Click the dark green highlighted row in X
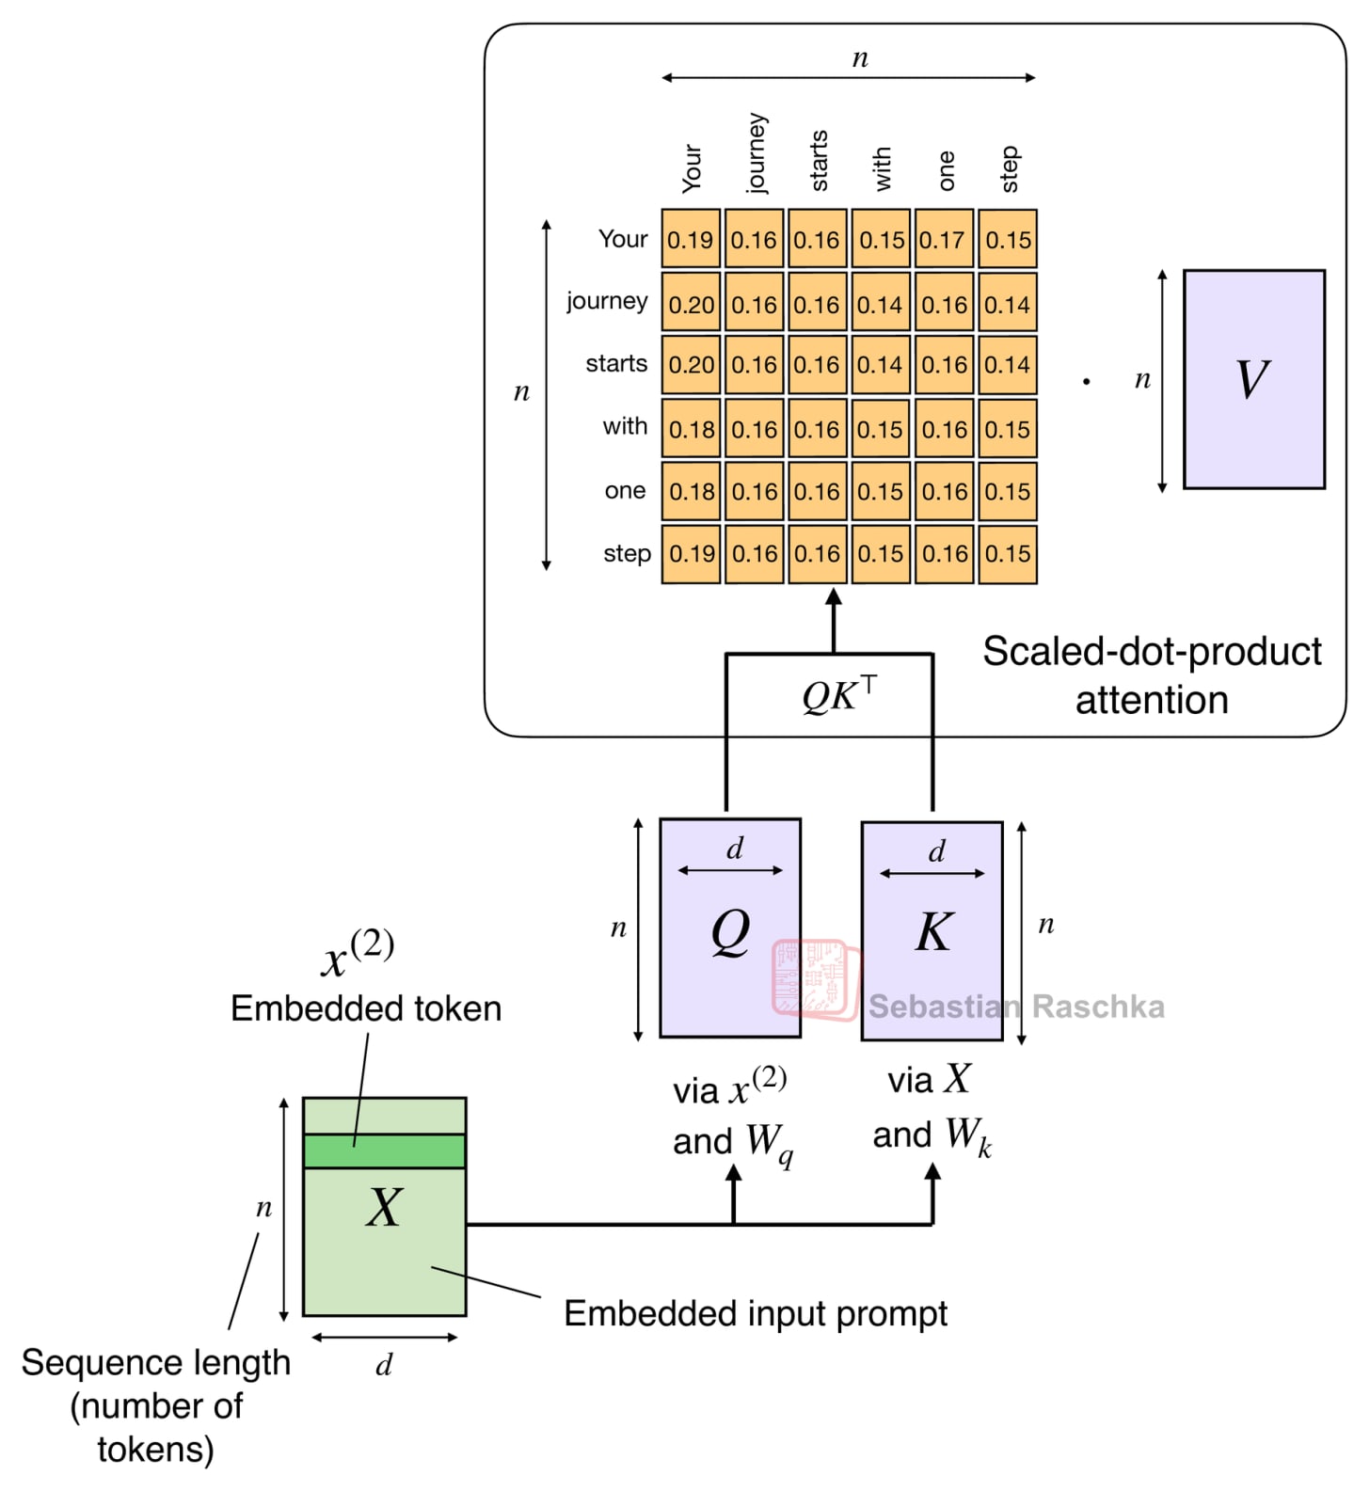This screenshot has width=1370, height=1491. pos(384,1150)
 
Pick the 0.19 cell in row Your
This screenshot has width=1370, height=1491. pos(691,240)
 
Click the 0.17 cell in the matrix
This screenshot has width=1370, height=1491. pos(943,240)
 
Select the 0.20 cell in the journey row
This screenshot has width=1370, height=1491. pos(691,305)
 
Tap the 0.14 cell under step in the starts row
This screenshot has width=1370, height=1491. pos(1008,365)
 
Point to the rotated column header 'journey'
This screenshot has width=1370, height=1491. pos(756,153)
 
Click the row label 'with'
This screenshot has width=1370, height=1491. pos(625,426)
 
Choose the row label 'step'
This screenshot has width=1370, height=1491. pos(627,553)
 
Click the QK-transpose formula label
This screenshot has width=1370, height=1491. pos(838,695)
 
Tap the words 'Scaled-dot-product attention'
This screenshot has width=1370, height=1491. pos(1152,675)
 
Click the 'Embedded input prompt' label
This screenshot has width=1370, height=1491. pos(755,1313)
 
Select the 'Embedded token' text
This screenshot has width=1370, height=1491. pos(366,1008)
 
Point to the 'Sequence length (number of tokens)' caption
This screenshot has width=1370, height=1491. pos(156,1405)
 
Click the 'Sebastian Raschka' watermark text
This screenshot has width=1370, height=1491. pos(1016,1007)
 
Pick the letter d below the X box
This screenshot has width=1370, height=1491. pos(384,1365)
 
